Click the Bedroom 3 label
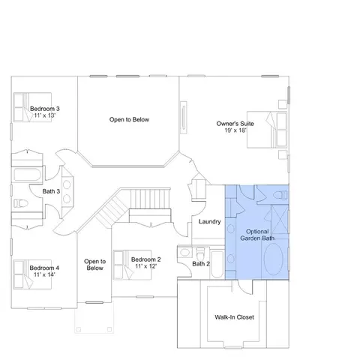pos(45,109)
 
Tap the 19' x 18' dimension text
pos(235,130)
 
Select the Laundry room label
pos(210,222)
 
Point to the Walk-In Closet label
pos(234,317)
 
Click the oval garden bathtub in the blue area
pos(274,259)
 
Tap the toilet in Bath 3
pos(21,203)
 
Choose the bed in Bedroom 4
pos(32,274)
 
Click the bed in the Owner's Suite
pos(267,130)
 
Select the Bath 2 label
pos(201,264)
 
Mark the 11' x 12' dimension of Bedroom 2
pos(146,266)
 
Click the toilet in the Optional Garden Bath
pos(280,195)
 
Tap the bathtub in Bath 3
pos(27,175)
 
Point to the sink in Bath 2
pos(184,252)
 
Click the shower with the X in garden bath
pos(280,220)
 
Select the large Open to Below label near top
pos(129,119)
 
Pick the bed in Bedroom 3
pos(32,107)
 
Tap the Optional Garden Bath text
pos(257,235)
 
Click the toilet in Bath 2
pos(200,253)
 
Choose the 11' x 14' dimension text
pos(44,274)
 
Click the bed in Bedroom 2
pos(132,265)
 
